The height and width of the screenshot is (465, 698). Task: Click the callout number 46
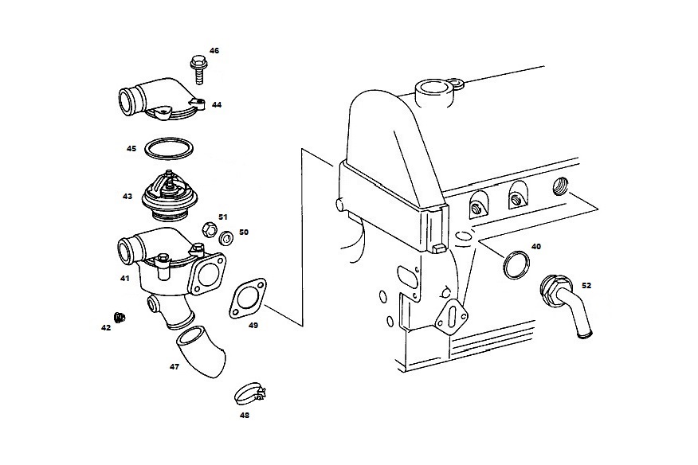tap(214, 50)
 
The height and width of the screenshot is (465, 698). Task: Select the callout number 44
tap(217, 104)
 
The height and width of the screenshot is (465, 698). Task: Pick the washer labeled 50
tap(226, 236)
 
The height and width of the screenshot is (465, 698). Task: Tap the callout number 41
tap(124, 279)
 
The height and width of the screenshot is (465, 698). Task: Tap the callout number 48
tap(245, 415)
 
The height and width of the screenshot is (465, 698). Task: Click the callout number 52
tap(586, 284)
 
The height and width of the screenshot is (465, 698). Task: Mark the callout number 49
tap(253, 325)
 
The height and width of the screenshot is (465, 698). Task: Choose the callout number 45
tap(131, 148)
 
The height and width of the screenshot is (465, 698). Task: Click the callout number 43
tap(127, 196)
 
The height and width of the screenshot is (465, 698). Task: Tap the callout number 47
tap(174, 367)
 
